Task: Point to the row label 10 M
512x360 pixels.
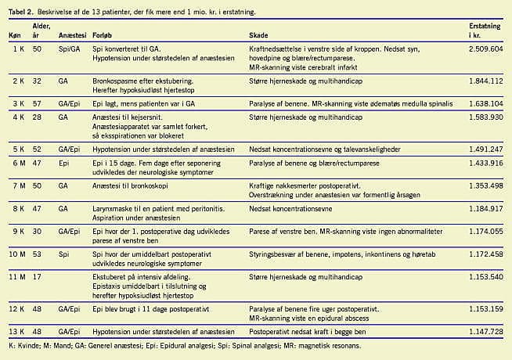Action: click(16, 255)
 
